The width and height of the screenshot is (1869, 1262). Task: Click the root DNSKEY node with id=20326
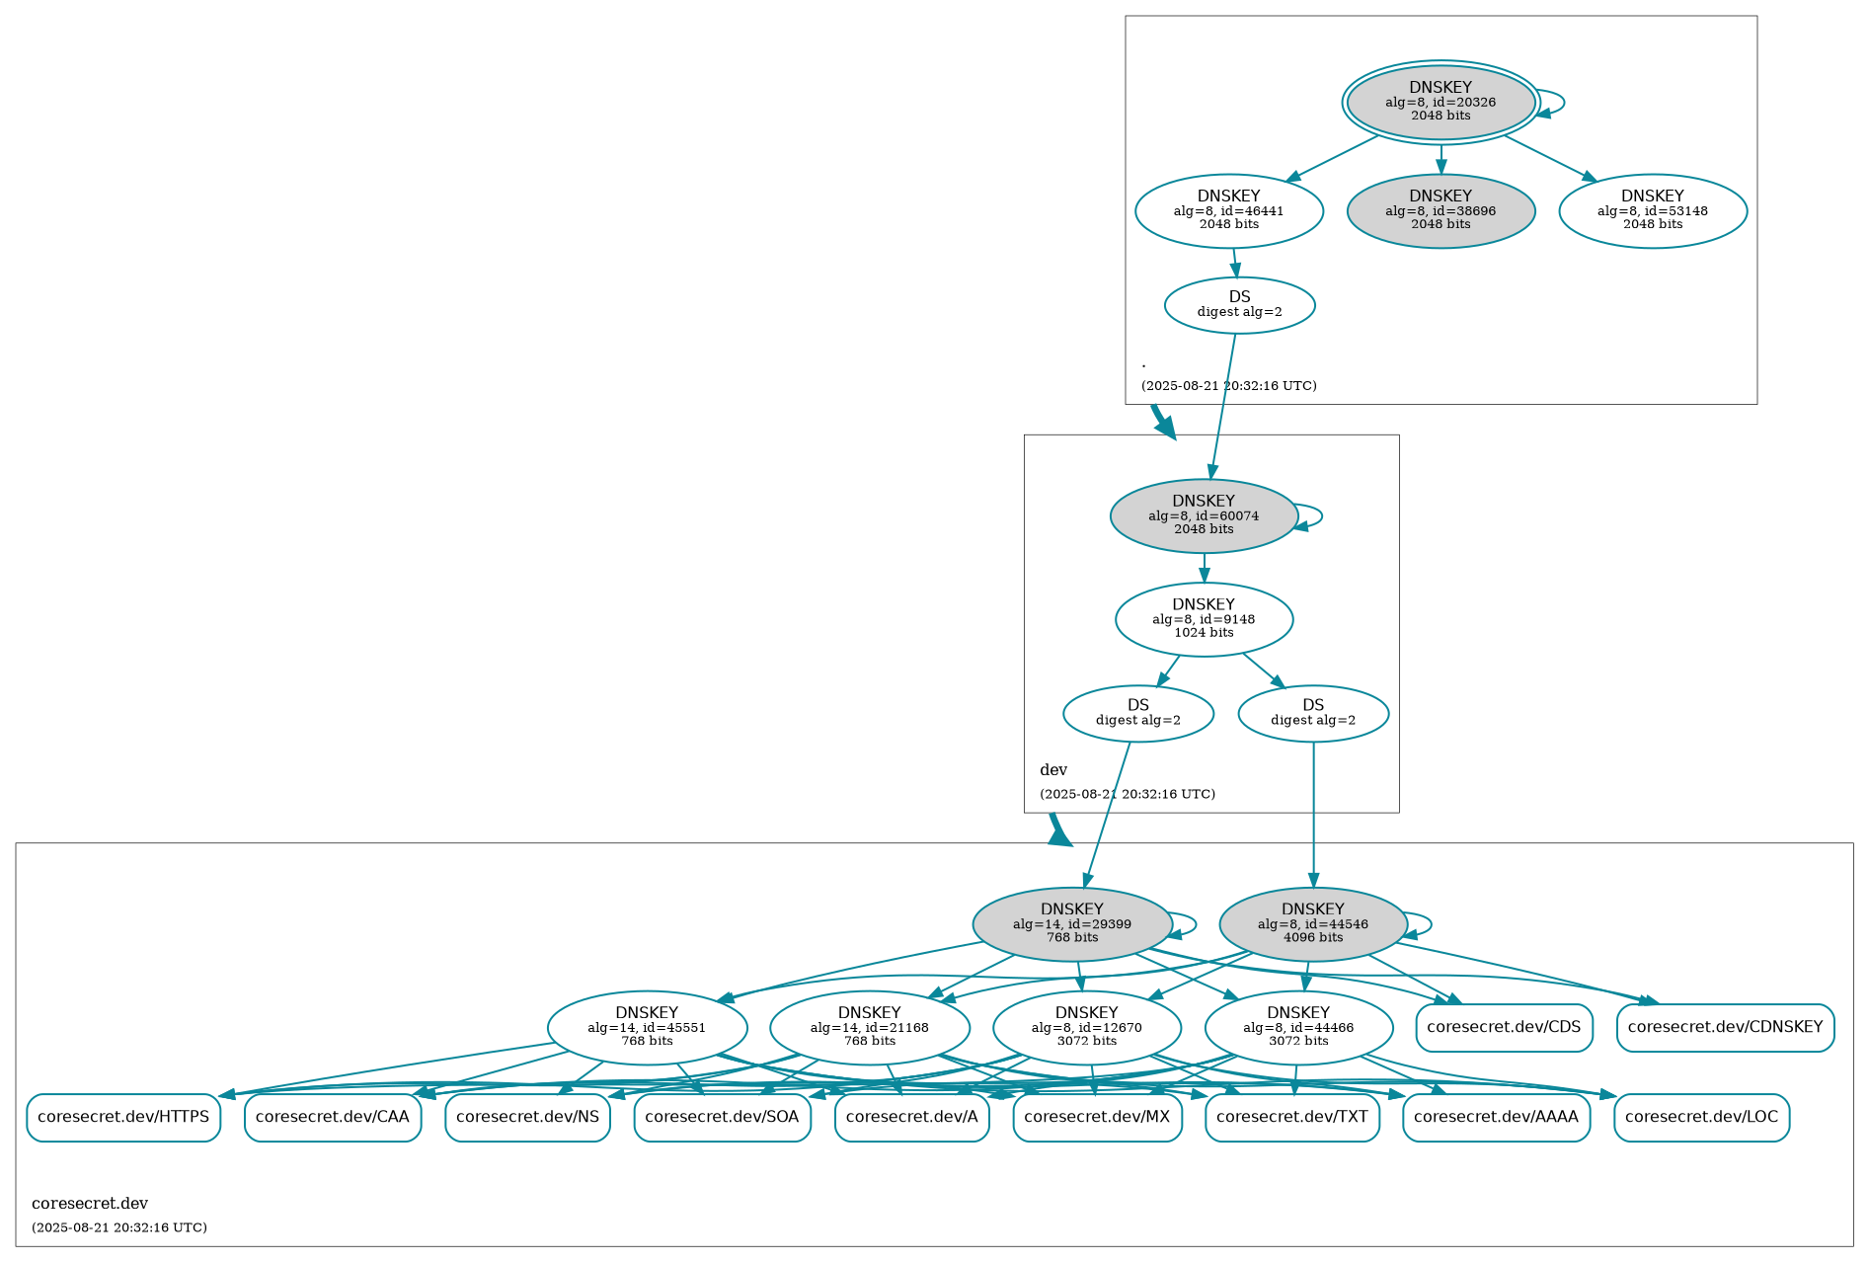(1440, 102)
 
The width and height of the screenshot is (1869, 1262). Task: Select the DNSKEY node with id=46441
(1228, 210)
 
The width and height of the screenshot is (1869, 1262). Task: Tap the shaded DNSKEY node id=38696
(1440, 210)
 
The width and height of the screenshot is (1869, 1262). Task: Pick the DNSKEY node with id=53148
(1652, 210)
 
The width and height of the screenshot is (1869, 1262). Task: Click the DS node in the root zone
(1239, 305)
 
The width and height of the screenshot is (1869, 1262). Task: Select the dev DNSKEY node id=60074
(1203, 515)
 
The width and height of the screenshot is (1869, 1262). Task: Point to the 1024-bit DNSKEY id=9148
(1203, 619)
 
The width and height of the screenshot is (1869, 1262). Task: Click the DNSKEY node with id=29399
(1071, 924)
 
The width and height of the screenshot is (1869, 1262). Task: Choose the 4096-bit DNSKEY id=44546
(1312, 924)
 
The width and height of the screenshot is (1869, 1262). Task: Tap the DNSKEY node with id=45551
(647, 1028)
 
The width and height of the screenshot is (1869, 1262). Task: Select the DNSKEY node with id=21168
(869, 1028)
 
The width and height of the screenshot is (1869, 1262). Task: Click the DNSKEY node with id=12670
(1086, 1028)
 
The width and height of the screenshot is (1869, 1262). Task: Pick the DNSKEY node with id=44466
(1297, 1028)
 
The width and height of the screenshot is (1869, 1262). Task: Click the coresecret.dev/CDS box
(1504, 1027)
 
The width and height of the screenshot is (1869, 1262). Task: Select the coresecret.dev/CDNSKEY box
(1725, 1027)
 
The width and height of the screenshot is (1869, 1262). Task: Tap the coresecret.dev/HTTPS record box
(123, 1117)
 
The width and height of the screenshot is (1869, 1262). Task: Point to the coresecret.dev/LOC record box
(1701, 1117)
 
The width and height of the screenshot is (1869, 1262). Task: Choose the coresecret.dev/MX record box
(1097, 1117)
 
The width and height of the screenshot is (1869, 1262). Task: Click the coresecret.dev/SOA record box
(722, 1117)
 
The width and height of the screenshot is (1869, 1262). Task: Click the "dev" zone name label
(1053, 770)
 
